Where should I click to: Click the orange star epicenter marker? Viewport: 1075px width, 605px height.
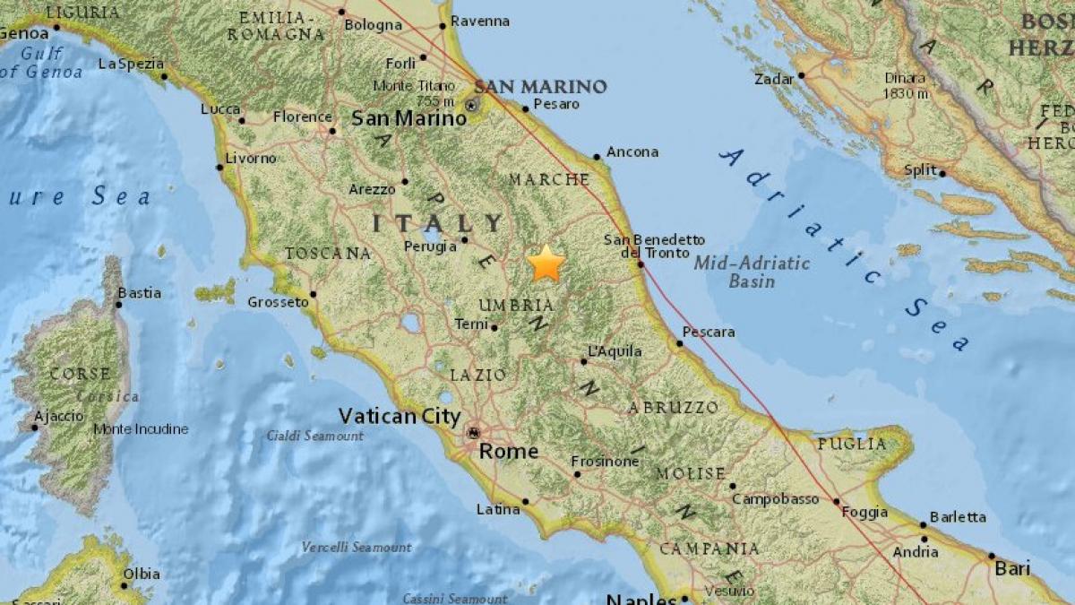point(546,264)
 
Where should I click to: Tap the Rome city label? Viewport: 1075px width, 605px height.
point(509,452)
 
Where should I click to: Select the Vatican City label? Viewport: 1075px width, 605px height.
point(400,416)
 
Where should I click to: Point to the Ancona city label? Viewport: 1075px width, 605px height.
point(632,152)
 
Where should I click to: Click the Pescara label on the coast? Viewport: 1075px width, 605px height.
point(708,333)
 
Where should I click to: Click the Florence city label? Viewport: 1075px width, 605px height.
point(302,117)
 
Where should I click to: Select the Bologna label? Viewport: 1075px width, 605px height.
point(374,25)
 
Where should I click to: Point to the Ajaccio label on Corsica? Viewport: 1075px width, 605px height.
point(58,416)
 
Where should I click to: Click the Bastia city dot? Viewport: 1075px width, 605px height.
point(118,304)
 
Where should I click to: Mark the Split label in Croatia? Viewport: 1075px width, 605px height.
point(920,170)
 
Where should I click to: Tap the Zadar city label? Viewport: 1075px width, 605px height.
point(774,79)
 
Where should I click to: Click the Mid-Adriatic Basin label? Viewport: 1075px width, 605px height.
point(752,272)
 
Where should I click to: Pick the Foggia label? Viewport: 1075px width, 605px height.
point(865,513)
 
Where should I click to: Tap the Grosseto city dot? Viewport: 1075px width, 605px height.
point(314,293)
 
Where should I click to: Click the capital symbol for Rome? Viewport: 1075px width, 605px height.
point(472,433)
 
